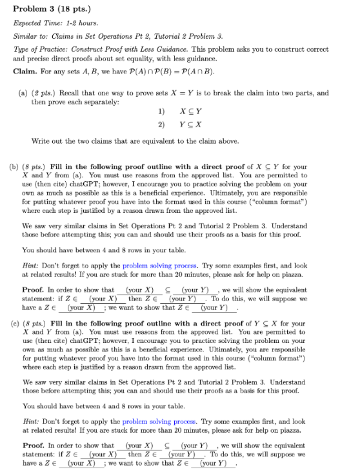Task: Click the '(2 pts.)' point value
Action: [x=42, y=93]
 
